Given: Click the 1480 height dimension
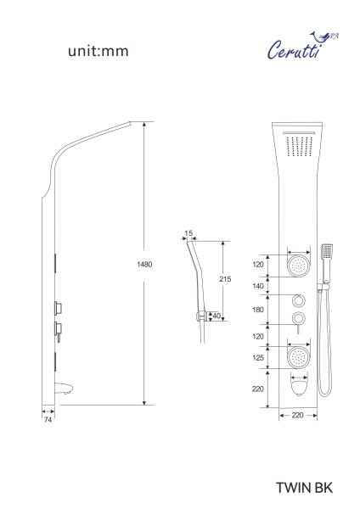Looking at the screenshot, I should click(144, 265).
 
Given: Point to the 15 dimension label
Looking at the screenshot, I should click(188, 232).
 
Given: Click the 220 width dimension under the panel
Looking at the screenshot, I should click(297, 417).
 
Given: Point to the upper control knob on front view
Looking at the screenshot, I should click(298, 300).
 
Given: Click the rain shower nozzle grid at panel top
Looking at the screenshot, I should click(298, 145).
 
